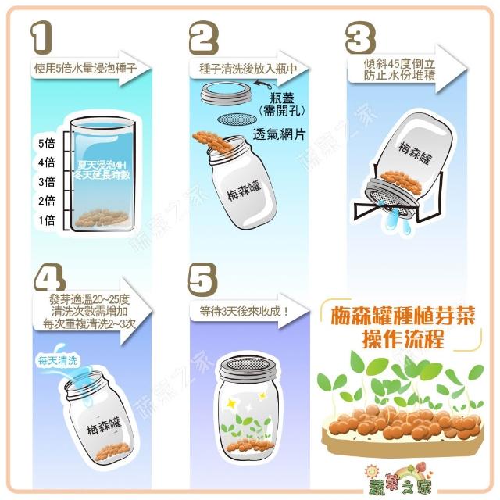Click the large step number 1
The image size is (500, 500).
[41, 37]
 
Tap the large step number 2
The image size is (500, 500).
[204, 37]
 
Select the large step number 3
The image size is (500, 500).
[360, 37]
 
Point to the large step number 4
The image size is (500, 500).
[49, 278]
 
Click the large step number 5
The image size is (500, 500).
[203, 280]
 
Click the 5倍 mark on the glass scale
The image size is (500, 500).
[47, 143]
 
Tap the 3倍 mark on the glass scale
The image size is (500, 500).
[47, 182]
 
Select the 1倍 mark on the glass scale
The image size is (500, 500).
[47, 220]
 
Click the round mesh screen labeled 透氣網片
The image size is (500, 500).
[237, 120]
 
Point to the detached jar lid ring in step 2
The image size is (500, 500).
[227, 92]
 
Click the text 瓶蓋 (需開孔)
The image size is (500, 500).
[282, 104]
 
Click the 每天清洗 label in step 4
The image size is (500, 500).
[58, 361]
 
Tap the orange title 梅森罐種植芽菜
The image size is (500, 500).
[403, 316]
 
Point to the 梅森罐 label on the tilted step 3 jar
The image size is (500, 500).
[416, 154]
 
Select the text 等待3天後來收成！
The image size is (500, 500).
[244, 311]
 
